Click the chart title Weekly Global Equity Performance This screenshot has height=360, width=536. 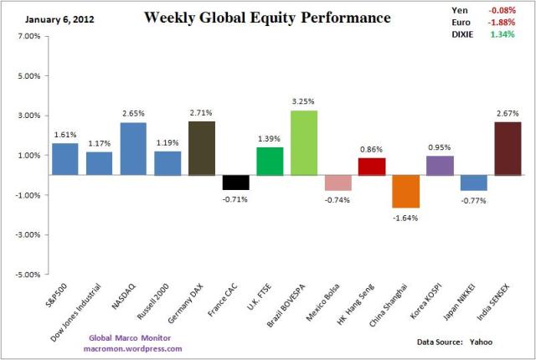267,18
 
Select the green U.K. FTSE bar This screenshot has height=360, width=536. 270,161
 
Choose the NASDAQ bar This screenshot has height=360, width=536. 134,149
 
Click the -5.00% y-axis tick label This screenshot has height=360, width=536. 28,274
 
